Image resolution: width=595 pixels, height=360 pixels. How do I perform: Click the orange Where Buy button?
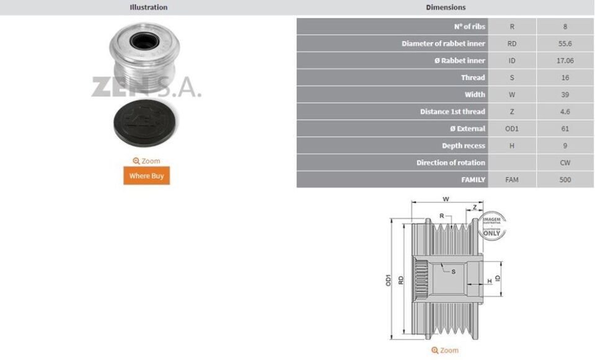coord(146,176)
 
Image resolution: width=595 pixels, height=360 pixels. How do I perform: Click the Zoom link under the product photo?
coord(146,161)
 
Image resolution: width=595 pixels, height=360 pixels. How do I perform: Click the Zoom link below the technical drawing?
coord(445,351)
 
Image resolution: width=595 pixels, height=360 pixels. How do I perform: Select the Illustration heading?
coord(148,7)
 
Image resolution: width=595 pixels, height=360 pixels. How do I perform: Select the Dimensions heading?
coord(446,7)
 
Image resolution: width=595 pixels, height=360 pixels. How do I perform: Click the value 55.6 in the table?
coord(565,44)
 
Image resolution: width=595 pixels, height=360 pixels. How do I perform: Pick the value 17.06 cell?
coord(565,61)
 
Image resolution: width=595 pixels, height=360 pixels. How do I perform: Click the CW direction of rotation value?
coord(565,163)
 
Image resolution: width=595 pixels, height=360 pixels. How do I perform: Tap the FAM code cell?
coord(512,180)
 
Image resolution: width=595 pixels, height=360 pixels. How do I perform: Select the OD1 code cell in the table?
coord(512,129)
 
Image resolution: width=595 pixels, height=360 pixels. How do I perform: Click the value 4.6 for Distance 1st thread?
coord(565,112)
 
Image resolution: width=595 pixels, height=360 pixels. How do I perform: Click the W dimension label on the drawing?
coord(446,200)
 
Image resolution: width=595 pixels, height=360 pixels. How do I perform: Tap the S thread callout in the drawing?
coord(453,271)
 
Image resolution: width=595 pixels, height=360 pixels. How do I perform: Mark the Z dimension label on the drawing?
coord(475,207)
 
